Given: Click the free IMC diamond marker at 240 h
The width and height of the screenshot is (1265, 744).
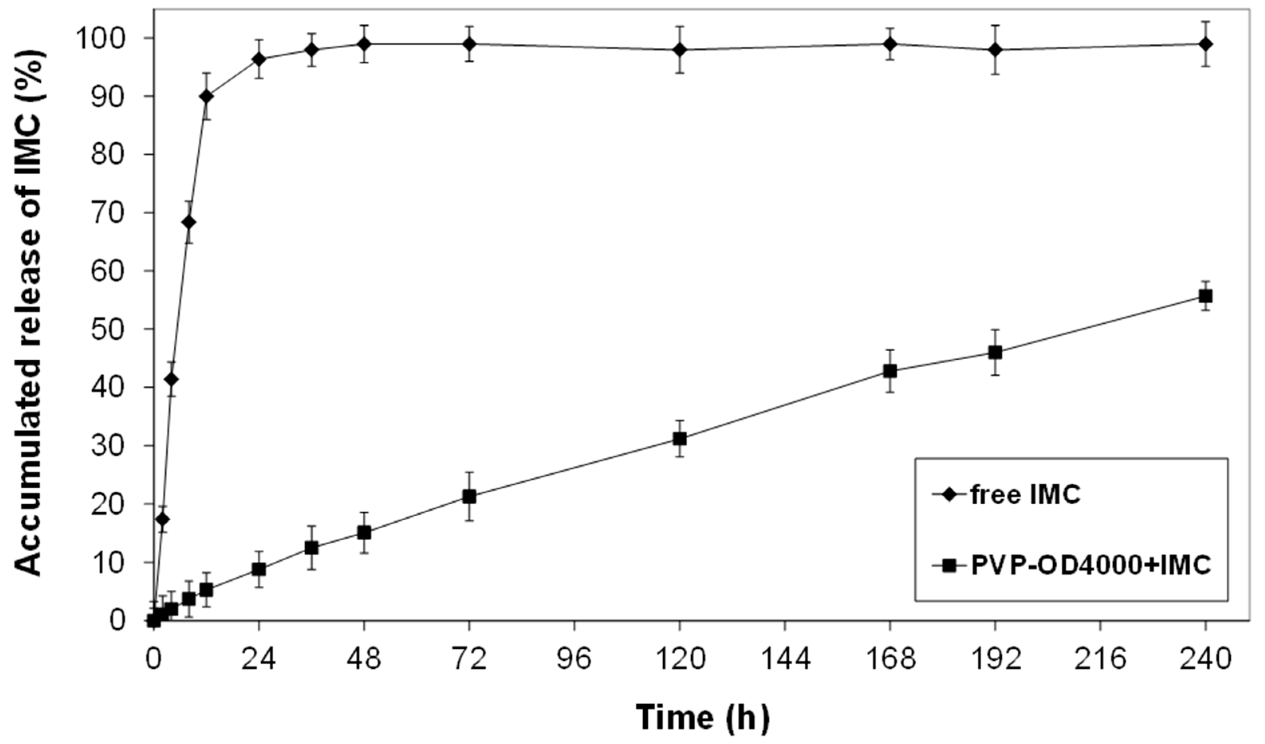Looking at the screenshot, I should [1206, 44].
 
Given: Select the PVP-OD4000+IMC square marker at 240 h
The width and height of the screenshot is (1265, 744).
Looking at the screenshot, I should [1206, 296].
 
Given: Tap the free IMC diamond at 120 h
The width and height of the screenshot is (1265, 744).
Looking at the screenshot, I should [680, 50].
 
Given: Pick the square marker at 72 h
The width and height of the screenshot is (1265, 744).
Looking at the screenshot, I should [469, 496].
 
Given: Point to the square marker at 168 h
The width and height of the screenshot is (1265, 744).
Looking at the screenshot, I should [890, 371].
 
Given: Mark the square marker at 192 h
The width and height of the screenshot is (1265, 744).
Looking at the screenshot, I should [995, 352].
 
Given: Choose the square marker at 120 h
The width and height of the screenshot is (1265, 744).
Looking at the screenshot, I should [680, 438].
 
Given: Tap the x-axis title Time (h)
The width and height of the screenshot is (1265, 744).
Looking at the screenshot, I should [703, 717].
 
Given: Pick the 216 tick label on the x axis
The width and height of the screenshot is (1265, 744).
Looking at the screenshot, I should [1100, 659].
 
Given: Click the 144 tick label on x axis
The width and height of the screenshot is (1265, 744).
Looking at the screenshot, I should [784, 659].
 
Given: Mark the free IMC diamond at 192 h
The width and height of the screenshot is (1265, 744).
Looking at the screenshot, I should [995, 50].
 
